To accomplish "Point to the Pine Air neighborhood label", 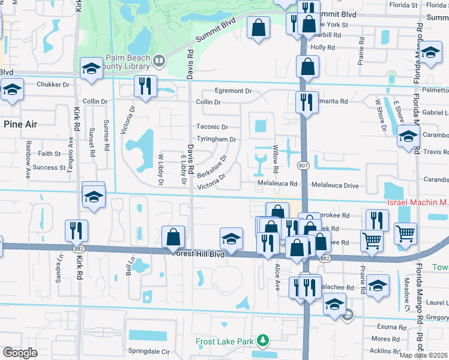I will click(x=21, y=124).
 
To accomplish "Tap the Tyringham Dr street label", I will click(x=216, y=139).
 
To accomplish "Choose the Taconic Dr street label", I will click(x=212, y=127).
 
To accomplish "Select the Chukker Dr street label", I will click(x=53, y=85).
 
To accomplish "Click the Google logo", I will click(x=20, y=353).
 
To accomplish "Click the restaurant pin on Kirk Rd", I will click(x=77, y=230).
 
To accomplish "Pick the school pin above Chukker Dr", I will click(x=91, y=69).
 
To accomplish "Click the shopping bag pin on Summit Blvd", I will click(x=258, y=28).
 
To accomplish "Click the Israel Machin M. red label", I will click(x=417, y=204).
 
